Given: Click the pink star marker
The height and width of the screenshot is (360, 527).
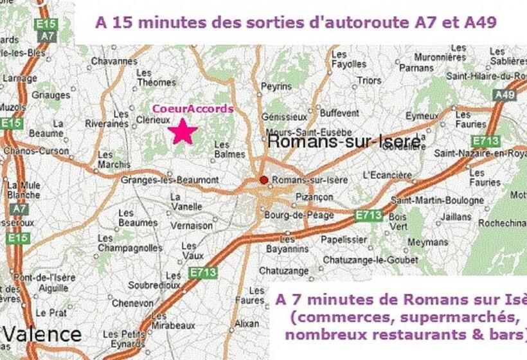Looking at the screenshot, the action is [x=183, y=131].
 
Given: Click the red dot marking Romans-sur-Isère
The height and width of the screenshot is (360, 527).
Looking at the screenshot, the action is [x=263, y=180].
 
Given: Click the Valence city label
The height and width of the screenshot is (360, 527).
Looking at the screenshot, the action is [x=42, y=334].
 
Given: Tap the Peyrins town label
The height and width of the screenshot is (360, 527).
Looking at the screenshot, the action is [x=277, y=85].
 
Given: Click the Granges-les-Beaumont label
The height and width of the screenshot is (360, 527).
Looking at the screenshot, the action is [x=170, y=180].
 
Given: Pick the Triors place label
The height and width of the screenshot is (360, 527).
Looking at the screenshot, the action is [x=369, y=80].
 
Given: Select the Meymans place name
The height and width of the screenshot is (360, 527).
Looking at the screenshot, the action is [x=427, y=242].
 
